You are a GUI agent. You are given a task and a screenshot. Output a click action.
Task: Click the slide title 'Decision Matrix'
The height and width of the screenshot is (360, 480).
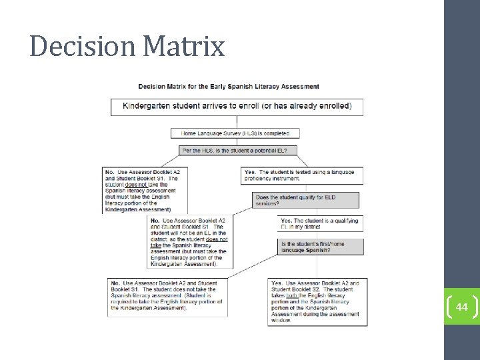pyautogui.click(x=127, y=47)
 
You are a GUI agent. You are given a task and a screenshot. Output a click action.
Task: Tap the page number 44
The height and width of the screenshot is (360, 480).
pyautogui.click(x=462, y=307)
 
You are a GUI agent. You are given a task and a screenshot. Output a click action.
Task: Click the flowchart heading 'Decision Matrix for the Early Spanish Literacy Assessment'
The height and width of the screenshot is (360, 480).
pyautogui.click(x=229, y=86)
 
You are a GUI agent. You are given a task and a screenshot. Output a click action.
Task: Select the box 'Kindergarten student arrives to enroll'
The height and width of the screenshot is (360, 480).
pyautogui.click(x=237, y=107)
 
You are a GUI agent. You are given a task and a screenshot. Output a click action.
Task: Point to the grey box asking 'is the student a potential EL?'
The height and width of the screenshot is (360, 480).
pyautogui.click(x=239, y=151)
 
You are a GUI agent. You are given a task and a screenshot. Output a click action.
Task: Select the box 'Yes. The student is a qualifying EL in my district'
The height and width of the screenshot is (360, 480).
pyautogui.click(x=320, y=223)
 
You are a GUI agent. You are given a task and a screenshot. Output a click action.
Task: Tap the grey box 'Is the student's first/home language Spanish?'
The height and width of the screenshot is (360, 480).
pyautogui.click(x=320, y=247)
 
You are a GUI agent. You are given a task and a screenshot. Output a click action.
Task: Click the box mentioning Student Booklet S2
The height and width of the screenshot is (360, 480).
pyautogui.click(x=317, y=301)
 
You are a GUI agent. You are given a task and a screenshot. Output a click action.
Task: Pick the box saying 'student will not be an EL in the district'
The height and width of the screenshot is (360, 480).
pyautogui.click(x=188, y=241)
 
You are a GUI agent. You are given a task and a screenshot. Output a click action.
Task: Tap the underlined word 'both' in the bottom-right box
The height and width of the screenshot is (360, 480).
pyautogui.click(x=291, y=295)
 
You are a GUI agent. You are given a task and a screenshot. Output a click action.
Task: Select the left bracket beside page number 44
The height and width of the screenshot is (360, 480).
pyautogui.click(x=448, y=307)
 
